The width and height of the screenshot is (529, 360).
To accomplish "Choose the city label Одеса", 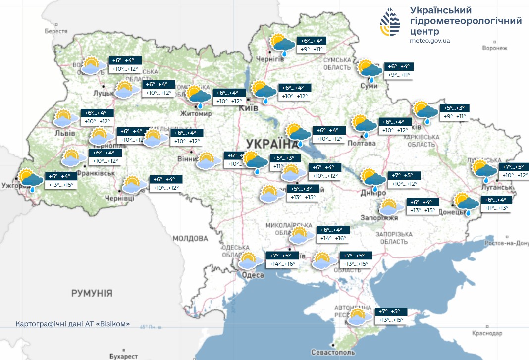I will (253, 275).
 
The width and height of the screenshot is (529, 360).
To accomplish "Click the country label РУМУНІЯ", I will (92, 293).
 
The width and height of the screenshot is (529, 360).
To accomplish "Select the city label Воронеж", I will (495, 48).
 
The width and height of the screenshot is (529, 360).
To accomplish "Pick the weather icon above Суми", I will (370, 70).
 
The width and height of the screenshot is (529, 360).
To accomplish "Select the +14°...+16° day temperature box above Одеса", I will (282, 264).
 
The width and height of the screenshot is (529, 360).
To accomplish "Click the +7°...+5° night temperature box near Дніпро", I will (405, 175).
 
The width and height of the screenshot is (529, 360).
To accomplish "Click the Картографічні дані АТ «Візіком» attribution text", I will (73, 324).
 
